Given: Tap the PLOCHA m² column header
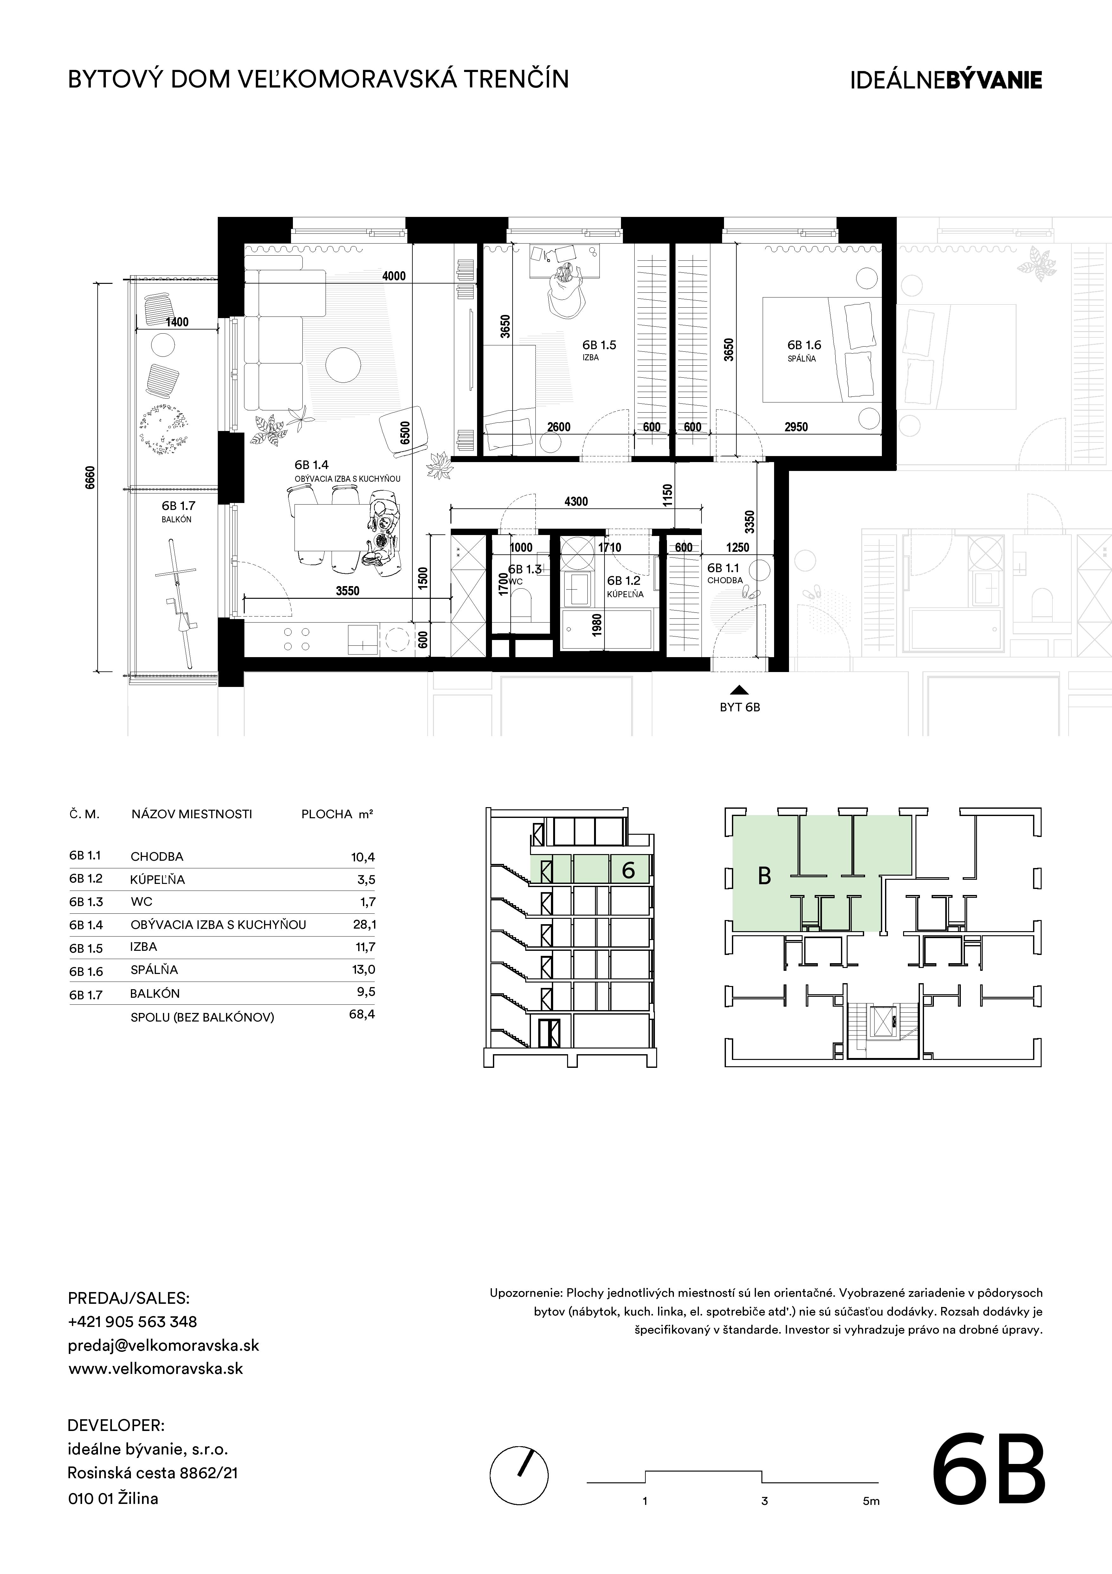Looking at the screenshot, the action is [337, 814].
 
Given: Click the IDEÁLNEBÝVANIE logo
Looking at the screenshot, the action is [946, 80].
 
